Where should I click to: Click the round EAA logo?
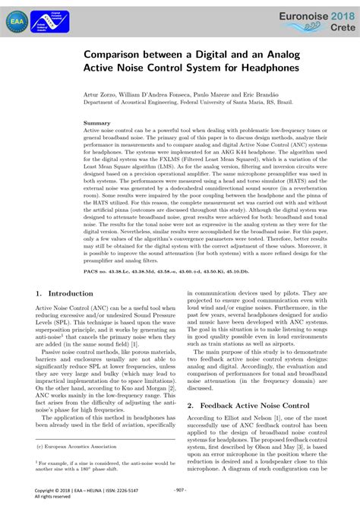(x=15, y=22)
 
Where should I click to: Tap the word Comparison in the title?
(x=125, y=54)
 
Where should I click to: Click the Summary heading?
(x=96, y=122)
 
